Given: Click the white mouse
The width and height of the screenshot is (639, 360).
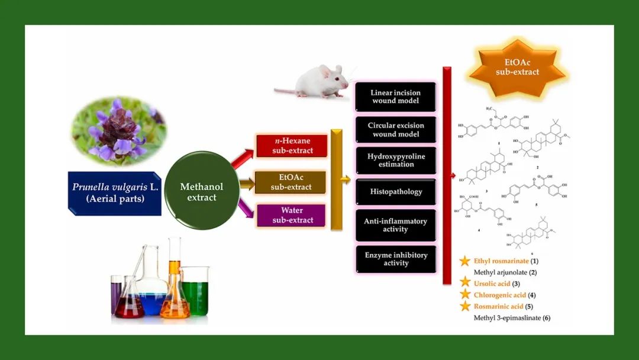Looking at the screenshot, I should coord(313,82).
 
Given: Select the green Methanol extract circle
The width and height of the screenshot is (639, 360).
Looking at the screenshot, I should coord(202,191).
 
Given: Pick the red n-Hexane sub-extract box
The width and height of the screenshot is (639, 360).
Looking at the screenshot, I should coord(292,146).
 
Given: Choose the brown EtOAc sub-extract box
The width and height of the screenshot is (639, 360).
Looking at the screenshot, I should coord(291,182).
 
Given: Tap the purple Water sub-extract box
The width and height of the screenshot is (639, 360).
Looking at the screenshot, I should coord(291,216).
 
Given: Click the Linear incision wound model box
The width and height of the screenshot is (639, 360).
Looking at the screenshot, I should coord(395,97).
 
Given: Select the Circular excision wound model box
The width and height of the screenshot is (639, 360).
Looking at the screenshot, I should coord(395,130).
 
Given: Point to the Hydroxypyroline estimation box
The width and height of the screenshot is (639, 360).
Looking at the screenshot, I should coord(395,160).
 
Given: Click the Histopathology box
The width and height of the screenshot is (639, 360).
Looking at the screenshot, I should coord(395,192).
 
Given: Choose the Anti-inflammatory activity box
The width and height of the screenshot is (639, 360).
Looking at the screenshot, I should coord(395,225).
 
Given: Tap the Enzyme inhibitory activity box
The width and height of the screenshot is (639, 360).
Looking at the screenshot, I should coord(395,259).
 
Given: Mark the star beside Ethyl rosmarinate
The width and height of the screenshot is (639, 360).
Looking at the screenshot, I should coord(465,261).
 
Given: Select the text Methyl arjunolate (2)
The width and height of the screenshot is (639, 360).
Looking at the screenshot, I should coord(505,272).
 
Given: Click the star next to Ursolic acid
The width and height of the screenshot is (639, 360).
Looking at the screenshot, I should coord(465,284).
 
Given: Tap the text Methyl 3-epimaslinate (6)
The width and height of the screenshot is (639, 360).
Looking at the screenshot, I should coord(512,318).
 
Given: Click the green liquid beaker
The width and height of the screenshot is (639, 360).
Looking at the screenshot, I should coord(195,292).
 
